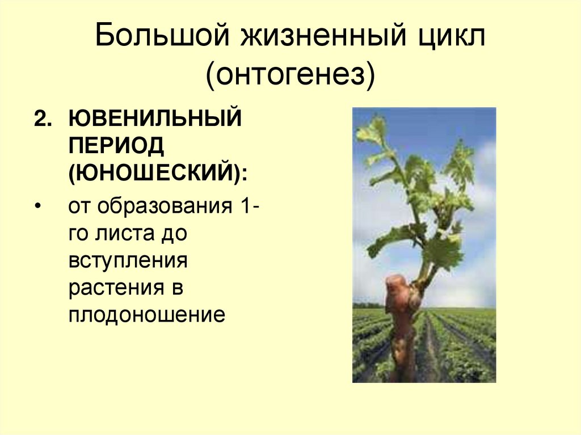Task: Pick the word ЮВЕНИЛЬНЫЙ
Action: click(x=154, y=120)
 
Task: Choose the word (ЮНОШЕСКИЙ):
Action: click(x=158, y=172)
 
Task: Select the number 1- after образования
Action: click(x=249, y=206)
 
